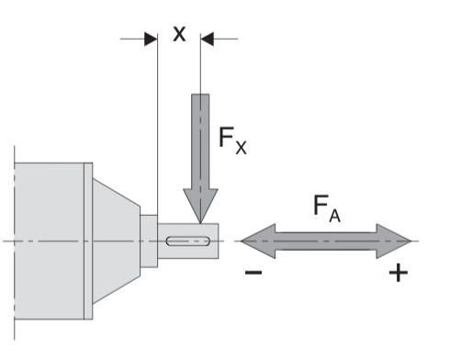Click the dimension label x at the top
179,34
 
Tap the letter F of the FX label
227,137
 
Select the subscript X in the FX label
241,148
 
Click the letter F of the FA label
321,205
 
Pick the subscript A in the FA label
334,215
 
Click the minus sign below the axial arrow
253,272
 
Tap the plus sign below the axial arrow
398,272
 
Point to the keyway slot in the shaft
188,241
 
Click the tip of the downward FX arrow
200,223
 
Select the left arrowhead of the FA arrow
258,242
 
